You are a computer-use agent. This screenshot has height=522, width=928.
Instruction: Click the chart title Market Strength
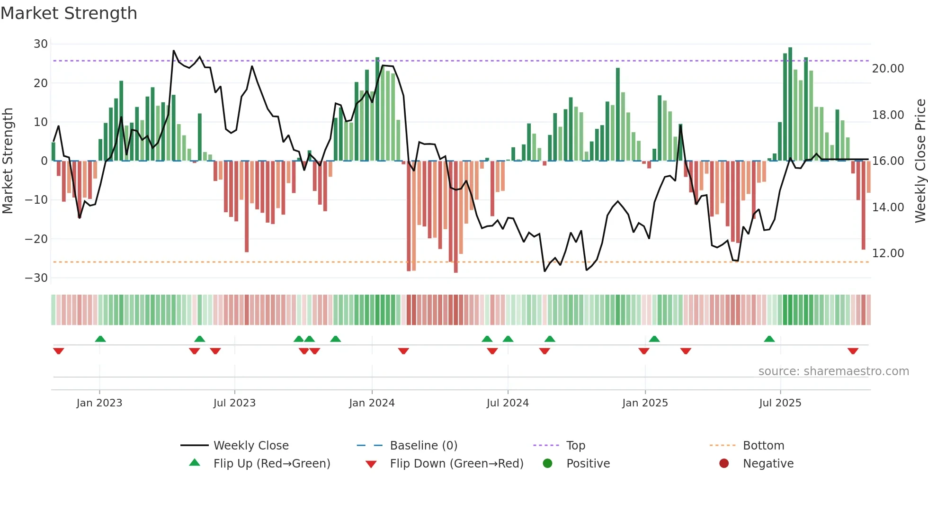[69, 13]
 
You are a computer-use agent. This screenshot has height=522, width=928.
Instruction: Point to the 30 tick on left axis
[41, 44]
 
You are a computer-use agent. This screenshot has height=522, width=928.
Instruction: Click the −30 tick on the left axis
[36, 278]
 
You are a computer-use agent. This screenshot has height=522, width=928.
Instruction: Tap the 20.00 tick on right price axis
[888, 69]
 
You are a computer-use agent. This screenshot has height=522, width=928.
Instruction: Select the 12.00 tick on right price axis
[888, 253]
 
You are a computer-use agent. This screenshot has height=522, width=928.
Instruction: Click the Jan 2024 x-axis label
[372, 403]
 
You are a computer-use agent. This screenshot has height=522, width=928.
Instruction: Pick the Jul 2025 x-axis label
[780, 403]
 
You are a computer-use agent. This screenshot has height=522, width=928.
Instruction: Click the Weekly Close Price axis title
[920, 161]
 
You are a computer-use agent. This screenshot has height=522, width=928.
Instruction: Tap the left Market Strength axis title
[8, 161]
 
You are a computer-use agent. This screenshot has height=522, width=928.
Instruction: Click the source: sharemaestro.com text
[833, 371]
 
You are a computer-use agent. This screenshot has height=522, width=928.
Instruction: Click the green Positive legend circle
[548, 464]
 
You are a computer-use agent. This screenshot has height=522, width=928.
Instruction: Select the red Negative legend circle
[724, 464]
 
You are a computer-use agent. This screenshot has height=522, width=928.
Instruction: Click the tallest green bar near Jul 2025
[790, 104]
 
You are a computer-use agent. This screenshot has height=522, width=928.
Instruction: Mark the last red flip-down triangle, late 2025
[853, 351]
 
